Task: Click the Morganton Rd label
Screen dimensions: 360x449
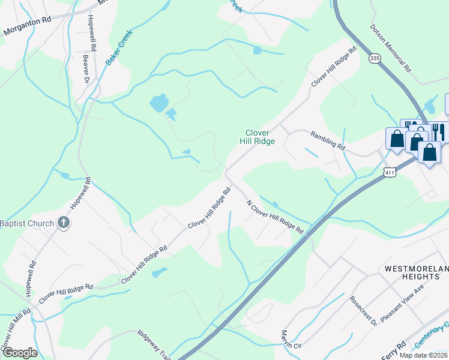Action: [26, 26]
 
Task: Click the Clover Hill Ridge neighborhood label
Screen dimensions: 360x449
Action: [260, 137]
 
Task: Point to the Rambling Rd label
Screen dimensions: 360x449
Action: [328, 140]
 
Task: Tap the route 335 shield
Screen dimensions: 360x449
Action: [375, 58]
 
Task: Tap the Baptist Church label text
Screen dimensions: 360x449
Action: [27, 223]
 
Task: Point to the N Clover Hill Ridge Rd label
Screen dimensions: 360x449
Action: [275, 217]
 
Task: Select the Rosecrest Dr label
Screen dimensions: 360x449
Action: [363, 310]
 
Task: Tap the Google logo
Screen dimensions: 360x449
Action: [20, 353]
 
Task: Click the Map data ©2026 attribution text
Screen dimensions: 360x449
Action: [423, 355]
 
